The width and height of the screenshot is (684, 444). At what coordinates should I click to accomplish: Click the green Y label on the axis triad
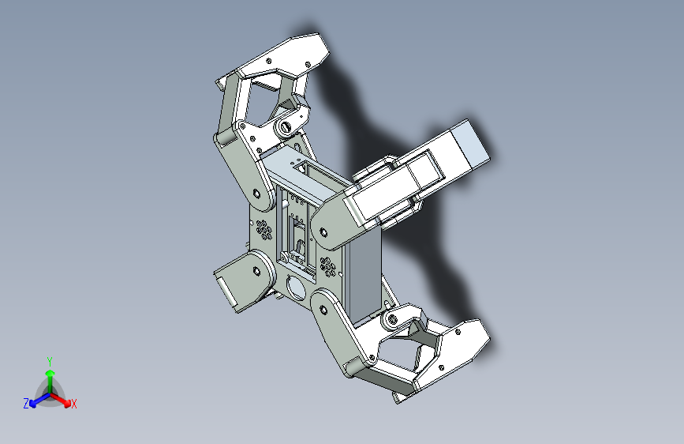pos(49,360)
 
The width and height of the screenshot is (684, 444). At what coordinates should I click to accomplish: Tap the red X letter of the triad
pos(74,404)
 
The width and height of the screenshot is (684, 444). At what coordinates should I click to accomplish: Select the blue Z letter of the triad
pos(26,404)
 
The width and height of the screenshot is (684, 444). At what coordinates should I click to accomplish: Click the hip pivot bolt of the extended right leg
pos(322,231)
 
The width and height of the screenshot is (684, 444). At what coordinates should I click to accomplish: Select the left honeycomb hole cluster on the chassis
pos(264,230)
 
